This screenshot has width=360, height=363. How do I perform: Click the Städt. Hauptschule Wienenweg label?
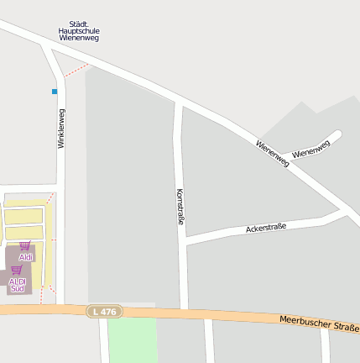79,31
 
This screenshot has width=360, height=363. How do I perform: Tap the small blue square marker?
55,91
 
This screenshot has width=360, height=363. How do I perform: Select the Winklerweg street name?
60,129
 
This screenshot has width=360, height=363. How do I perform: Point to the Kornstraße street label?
180,207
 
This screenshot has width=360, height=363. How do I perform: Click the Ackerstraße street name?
266,228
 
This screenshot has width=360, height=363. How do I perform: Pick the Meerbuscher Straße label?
319,324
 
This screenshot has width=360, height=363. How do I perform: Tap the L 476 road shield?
105,312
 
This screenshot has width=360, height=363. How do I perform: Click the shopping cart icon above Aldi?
24,246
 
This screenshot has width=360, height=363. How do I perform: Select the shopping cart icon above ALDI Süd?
16,271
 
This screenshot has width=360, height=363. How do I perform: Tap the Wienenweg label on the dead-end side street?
311,150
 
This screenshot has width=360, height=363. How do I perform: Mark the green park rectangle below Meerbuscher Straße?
133,339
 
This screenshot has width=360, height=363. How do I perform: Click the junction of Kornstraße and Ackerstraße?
183,240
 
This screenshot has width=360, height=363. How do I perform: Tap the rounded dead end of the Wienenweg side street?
337,134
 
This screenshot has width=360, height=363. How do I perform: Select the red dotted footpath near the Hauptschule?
76,71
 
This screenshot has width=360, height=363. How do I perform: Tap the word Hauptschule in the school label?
79,31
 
